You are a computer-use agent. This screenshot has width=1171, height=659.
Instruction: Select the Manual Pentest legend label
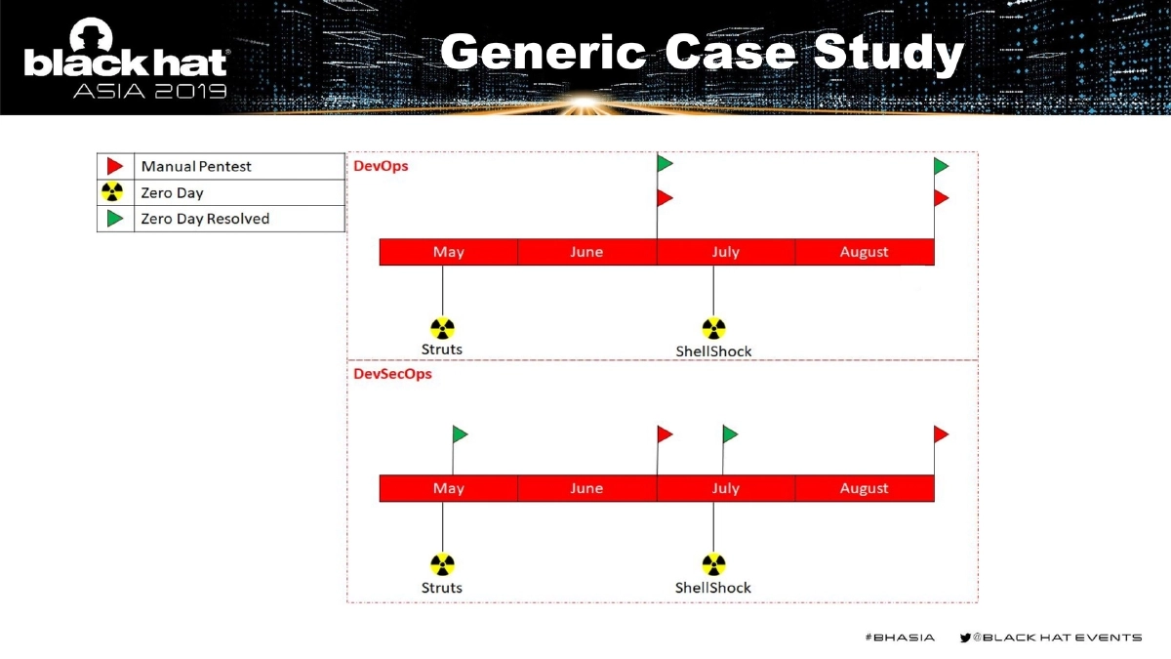pos(196,167)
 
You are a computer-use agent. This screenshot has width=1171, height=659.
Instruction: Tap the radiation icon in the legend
pos(114,192)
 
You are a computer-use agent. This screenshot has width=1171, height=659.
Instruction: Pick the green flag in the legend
pos(115,219)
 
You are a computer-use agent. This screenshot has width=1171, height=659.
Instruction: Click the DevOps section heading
pos(381,166)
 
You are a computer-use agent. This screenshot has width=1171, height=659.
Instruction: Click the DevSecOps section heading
pos(392,374)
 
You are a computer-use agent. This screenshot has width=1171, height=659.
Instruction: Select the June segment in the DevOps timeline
pos(586,252)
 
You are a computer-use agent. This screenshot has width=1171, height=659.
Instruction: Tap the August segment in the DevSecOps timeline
pos(864,488)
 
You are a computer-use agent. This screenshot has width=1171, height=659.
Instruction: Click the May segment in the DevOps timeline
pos(448,252)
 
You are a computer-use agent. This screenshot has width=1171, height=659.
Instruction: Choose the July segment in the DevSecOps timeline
pos(725,488)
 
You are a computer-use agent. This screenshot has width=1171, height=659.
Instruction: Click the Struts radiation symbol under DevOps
pos(442,328)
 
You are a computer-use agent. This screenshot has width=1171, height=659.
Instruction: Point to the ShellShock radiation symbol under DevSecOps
pos(713,564)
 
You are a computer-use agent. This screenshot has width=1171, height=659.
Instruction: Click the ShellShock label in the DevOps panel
pos(713,351)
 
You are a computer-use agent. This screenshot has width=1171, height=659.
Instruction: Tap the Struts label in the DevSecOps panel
pos(442,588)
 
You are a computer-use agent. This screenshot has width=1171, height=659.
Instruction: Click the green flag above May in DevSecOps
pos(460,433)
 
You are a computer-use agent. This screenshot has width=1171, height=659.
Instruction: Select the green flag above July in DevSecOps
pos(730,433)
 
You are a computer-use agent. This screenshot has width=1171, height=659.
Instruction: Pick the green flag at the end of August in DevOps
pos(941,166)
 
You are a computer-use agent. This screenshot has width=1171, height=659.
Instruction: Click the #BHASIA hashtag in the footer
pos(899,638)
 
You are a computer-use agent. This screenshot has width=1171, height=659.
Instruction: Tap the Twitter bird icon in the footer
pos(965,638)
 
